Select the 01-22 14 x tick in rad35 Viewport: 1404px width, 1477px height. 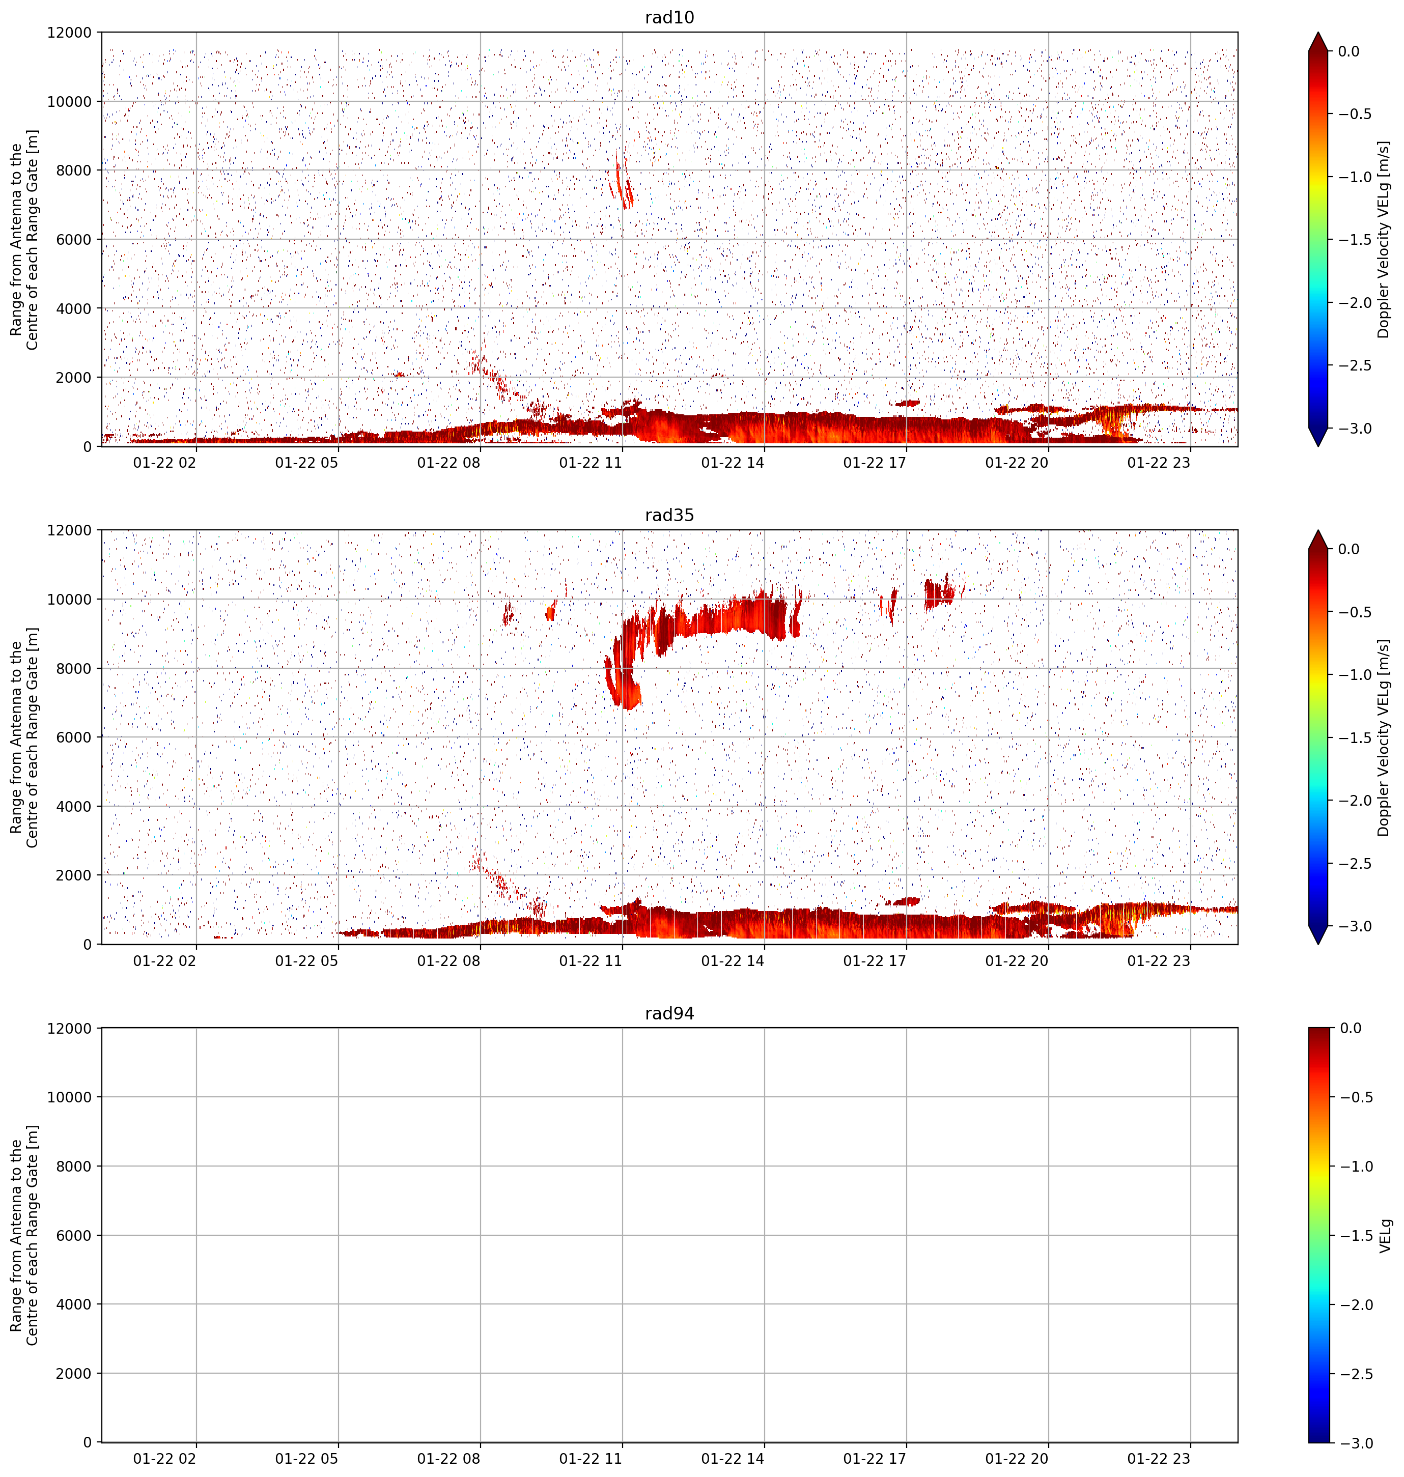point(733,961)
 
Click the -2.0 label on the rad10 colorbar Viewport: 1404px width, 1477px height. point(1355,302)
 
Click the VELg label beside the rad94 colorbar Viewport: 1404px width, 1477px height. point(1385,1235)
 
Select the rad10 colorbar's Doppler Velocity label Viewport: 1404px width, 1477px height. point(1383,239)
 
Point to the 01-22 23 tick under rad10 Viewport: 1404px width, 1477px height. point(1159,463)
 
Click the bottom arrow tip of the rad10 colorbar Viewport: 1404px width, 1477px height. point(1319,446)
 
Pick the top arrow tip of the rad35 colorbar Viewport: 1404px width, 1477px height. point(1319,530)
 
